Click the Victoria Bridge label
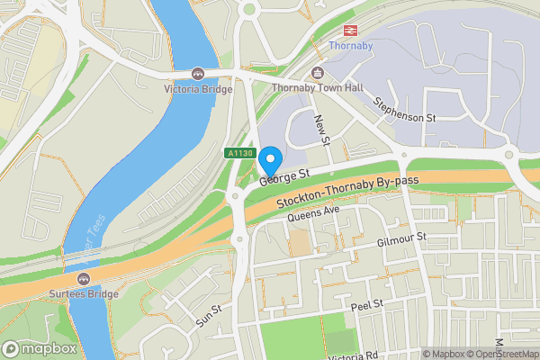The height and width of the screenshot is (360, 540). [x=198, y=89]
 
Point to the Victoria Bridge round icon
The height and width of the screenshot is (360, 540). [x=198, y=73]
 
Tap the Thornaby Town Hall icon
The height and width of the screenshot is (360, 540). [x=317, y=73]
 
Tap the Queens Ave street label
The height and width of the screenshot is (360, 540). [x=313, y=214]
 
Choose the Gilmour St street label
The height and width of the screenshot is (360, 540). [x=401, y=239]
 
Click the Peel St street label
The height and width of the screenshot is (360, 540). [x=366, y=306]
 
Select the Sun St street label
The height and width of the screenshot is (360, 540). [x=210, y=315]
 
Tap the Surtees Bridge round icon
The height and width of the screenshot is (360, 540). [x=84, y=278]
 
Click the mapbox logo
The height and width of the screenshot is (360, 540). [x=39, y=348]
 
